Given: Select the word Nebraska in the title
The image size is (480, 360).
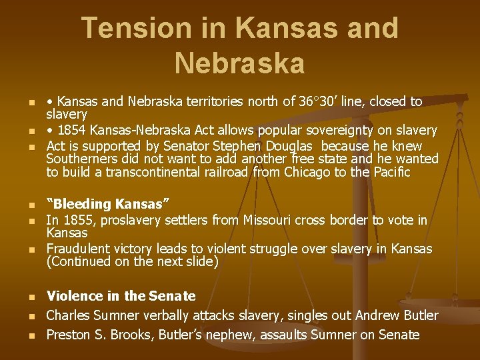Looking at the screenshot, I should (239, 64).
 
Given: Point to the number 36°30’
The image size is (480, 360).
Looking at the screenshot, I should (320, 102).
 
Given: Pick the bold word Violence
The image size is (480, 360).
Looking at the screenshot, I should (75, 296).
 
